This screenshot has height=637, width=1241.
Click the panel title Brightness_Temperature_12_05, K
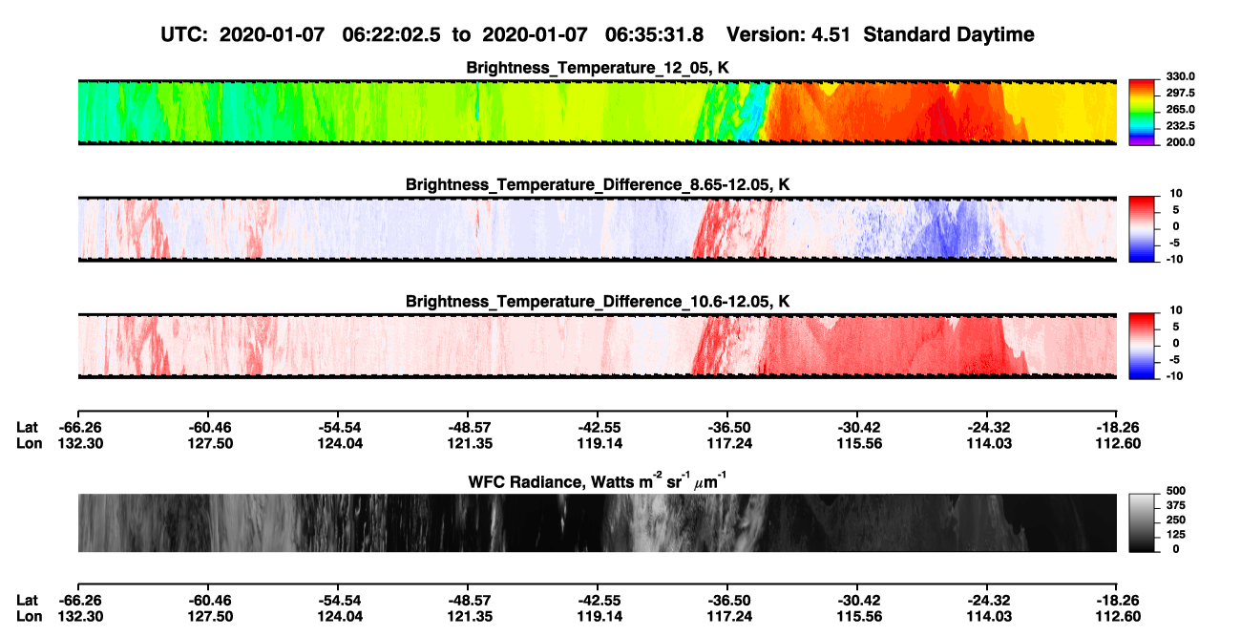tap(598, 68)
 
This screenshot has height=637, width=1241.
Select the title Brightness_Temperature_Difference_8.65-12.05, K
tap(598, 184)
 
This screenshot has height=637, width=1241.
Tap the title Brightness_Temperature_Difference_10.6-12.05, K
tap(598, 302)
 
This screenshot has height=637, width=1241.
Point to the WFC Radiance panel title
tap(598, 481)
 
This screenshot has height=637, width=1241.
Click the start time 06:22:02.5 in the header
tap(391, 35)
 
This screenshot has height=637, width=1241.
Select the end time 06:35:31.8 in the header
tap(654, 35)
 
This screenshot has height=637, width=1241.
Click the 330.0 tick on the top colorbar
tap(1180, 76)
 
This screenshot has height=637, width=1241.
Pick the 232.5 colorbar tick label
tap(1180, 126)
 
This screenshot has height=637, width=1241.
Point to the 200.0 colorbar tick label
tap(1180, 142)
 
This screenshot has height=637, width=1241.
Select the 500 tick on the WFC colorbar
tap(1176, 491)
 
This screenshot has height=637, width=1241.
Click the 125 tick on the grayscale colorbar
tap(1176, 535)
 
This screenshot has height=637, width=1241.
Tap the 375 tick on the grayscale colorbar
tap(1176, 505)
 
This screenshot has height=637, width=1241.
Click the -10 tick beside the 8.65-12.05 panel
tap(1175, 259)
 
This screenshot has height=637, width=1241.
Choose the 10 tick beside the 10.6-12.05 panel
tap(1176, 310)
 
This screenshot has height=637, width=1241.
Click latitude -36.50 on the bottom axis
tap(729, 601)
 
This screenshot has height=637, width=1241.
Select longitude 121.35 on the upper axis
tap(470, 443)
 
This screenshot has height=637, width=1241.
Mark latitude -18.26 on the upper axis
tap(1118, 428)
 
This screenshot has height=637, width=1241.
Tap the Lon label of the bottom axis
tap(29, 617)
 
